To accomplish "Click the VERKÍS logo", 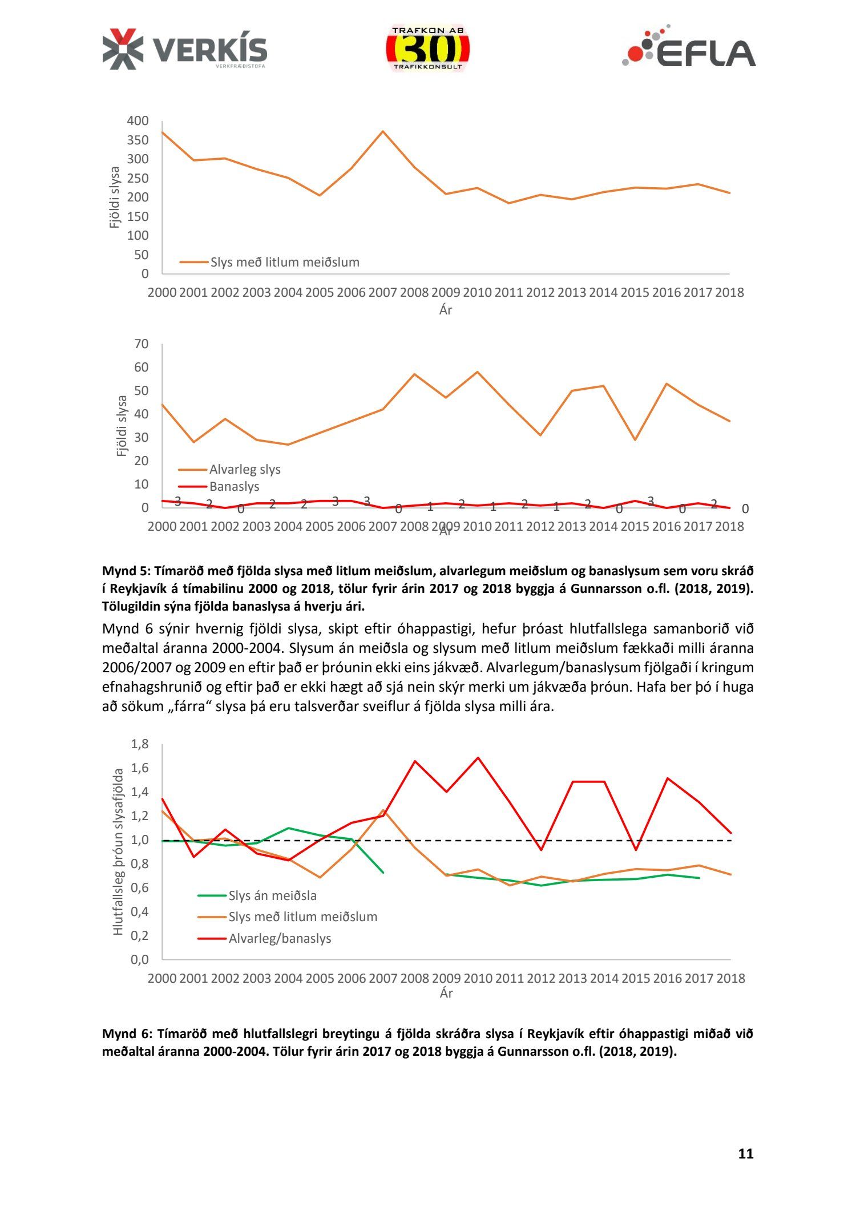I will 184,49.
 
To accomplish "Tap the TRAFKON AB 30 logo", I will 427,49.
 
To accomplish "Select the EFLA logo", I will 689,48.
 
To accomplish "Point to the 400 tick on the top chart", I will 138,121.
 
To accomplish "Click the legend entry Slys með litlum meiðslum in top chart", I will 285,263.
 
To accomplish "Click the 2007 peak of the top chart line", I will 383,131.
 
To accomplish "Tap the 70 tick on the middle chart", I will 141,344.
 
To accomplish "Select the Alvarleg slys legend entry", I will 245,470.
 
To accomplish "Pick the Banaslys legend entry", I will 234,487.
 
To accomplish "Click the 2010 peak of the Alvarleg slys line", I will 477,372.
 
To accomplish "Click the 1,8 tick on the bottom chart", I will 140,744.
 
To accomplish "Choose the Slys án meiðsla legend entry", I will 272,895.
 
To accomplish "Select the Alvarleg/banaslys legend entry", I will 280,938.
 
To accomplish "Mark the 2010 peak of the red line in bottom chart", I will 478,758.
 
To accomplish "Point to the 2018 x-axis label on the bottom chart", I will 730,978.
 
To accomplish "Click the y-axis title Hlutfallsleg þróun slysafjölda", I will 118,851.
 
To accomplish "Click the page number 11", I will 745,1154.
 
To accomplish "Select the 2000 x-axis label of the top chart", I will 162,293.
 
